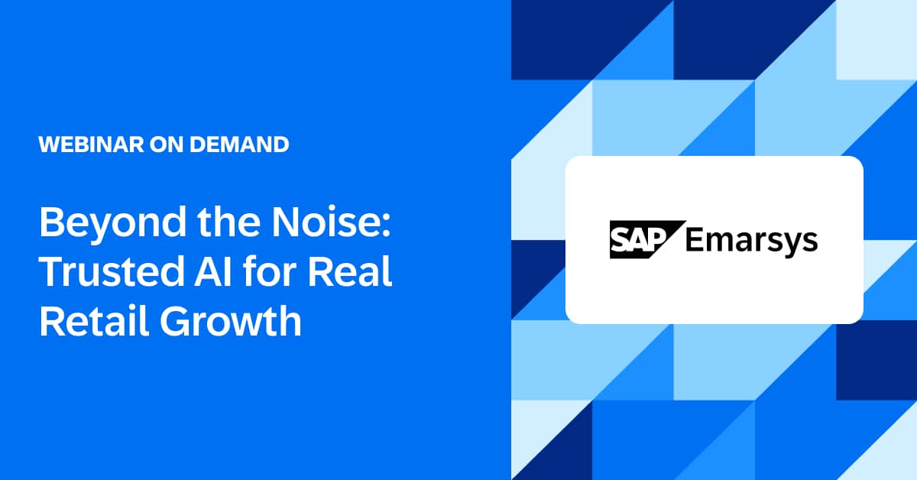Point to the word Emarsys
751,240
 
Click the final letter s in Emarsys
810,242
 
